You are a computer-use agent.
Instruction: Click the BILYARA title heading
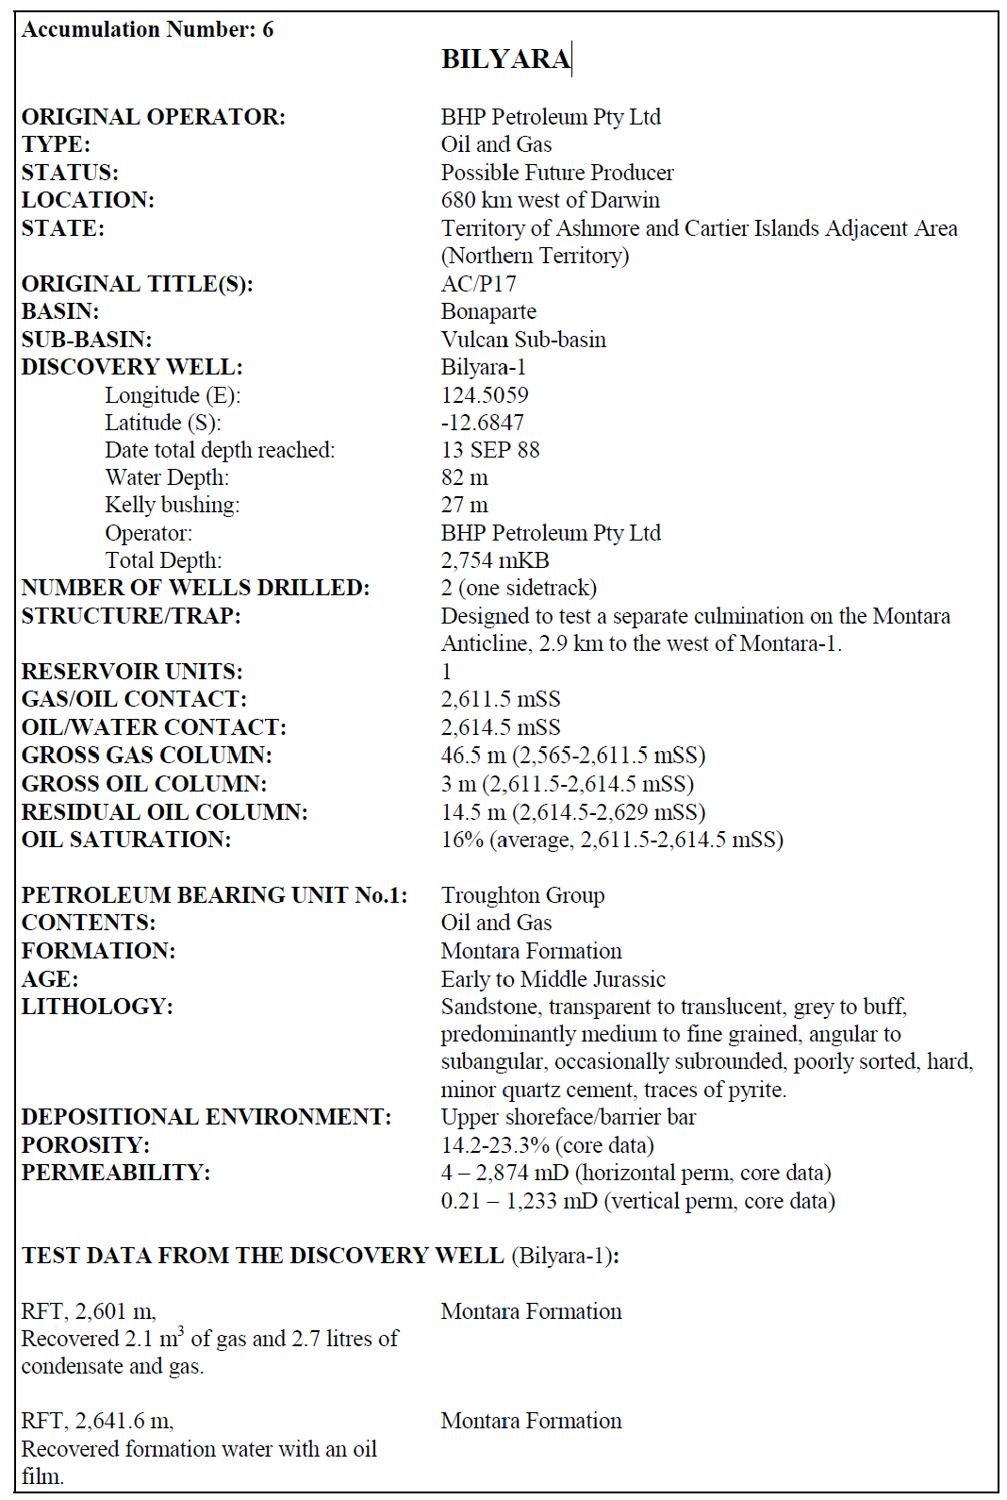pyautogui.click(x=505, y=59)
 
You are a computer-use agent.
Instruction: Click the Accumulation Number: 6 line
pyautogui.click(x=148, y=29)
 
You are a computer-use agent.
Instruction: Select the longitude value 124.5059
pyautogui.click(x=485, y=395)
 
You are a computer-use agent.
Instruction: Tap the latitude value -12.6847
pyautogui.click(x=482, y=423)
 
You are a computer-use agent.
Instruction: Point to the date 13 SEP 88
pyautogui.click(x=490, y=450)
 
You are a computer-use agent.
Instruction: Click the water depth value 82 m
pyautogui.click(x=464, y=477)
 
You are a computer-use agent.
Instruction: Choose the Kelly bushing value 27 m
pyautogui.click(x=464, y=505)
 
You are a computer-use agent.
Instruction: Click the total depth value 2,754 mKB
pyautogui.click(x=495, y=560)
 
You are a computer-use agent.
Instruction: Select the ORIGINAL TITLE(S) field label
pyautogui.click(x=138, y=284)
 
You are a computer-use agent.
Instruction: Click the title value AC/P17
pyautogui.click(x=478, y=284)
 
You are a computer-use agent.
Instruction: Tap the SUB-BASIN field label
pyautogui.click(x=87, y=340)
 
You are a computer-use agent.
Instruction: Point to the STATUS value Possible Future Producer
pyautogui.click(x=557, y=173)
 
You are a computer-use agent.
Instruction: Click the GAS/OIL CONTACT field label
pyautogui.click(x=134, y=699)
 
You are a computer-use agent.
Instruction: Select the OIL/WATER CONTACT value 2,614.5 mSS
pyautogui.click(x=501, y=727)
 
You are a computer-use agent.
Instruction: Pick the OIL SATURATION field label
pyautogui.click(x=126, y=840)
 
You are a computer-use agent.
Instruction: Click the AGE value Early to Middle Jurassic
pyautogui.click(x=553, y=979)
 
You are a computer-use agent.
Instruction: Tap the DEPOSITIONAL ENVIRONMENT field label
pyautogui.click(x=206, y=1117)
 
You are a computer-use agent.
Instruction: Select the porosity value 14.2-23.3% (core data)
pyautogui.click(x=547, y=1145)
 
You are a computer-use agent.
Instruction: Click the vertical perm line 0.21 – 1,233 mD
pyautogui.click(x=637, y=1201)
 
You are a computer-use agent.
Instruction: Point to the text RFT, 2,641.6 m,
pyautogui.click(x=97, y=1421)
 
